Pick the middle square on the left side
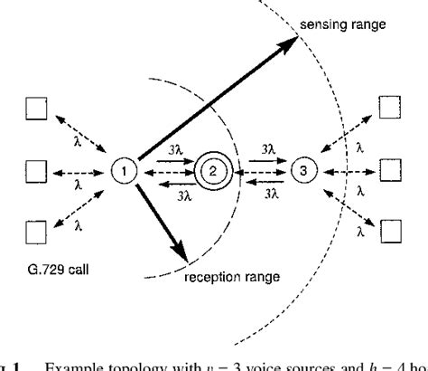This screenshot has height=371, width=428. click(x=38, y=169)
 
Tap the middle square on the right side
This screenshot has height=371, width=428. click(x=389, y=169)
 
